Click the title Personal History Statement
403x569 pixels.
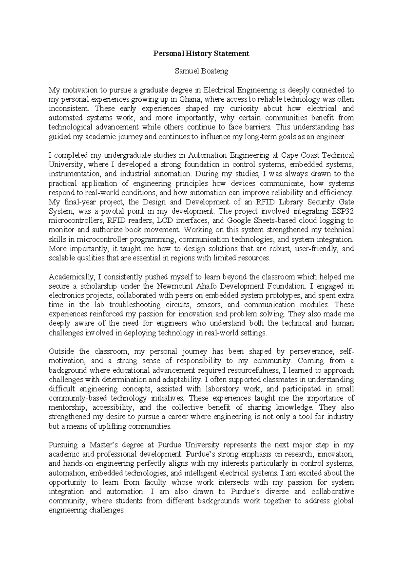[201, 54]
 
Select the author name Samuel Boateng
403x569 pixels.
[201, 71]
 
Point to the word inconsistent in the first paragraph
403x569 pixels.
[70, 109]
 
